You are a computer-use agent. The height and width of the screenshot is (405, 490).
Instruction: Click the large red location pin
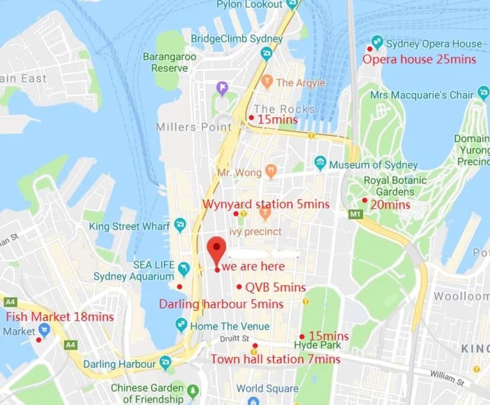point(217,249)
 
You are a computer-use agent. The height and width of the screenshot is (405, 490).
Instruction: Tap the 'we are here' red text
point(254,266)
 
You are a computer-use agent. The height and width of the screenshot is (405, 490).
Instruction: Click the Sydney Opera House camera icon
point(376,43)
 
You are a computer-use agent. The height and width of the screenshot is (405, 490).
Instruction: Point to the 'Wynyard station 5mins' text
point(266,204)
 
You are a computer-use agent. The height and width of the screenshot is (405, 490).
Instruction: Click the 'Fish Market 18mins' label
point(51,317)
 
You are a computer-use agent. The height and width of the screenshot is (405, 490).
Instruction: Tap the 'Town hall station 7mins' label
point(275,359)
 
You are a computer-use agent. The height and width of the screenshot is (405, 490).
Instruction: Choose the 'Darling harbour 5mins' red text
point(221,304)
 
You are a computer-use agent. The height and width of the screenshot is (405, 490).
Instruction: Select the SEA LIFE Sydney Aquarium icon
point(184,269)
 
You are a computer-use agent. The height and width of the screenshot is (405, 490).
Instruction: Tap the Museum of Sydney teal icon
point(320,163)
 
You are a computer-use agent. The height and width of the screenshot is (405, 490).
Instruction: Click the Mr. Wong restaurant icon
point(271,172)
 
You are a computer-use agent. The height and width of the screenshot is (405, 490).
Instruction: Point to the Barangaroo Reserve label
point(165,62)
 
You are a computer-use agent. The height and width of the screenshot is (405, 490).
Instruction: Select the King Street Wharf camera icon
point(180,225)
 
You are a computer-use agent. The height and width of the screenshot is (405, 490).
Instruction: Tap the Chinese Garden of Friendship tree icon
point(192,390)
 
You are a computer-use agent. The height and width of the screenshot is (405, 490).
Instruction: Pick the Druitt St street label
point(234,338)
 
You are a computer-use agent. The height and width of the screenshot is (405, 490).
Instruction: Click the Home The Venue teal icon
point(182,325)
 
